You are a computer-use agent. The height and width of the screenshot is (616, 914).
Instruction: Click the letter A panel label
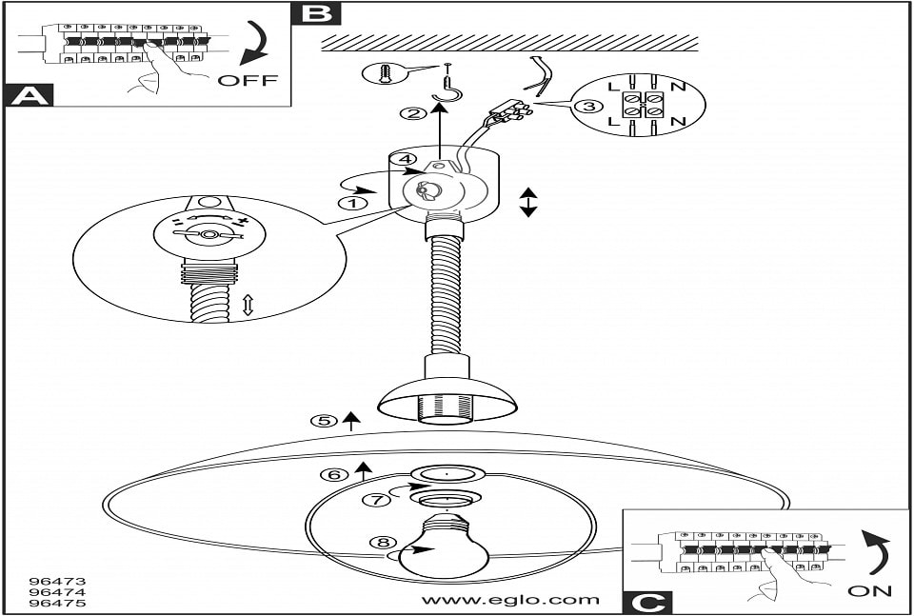(x=28, y=94)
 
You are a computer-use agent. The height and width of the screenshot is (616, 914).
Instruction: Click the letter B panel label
(x=318, y=13)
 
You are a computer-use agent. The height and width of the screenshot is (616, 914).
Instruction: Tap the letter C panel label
(x=646, y=603)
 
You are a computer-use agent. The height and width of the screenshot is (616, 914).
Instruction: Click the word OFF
(x=248, y=80)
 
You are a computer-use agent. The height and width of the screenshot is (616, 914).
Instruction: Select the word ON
(x=870, y=591)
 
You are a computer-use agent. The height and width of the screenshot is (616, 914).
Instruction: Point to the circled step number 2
(x=412, y=114)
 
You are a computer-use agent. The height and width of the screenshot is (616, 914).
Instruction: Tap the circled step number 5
(x=327, y=420)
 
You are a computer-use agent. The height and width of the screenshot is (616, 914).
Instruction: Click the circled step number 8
(x=383, y=544)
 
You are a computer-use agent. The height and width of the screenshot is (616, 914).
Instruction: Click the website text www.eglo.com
(x=510, y=600)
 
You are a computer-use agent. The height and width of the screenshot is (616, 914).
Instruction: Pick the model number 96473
(x=58, y=579)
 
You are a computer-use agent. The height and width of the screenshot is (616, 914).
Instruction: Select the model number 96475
(x=58, y=603)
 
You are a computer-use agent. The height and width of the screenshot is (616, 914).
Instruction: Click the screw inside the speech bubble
(x=383, y=72)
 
